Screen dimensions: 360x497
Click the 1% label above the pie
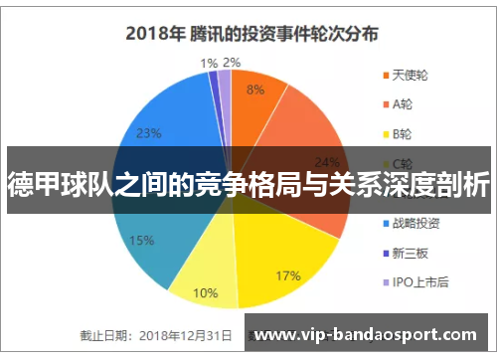tap(208, 63)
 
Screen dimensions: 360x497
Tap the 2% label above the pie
tap(232, 63)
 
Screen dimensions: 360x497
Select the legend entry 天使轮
tap(410, 76)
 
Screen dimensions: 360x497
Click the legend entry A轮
tap(403, 104)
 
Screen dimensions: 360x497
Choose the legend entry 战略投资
tap(416, 223)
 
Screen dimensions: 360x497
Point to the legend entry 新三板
tap(410, 253)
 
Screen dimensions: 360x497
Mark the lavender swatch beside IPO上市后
tap(384, 281)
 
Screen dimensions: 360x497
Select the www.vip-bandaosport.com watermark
tap(370, 335)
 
